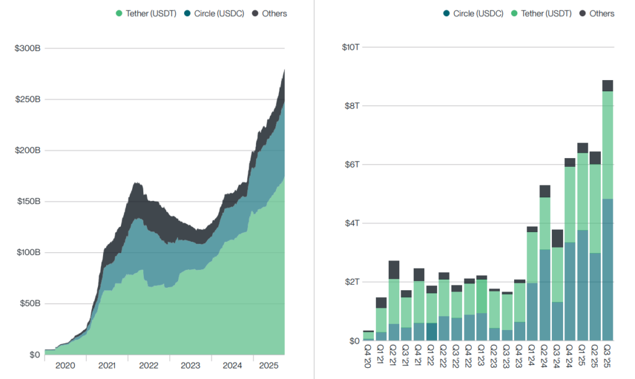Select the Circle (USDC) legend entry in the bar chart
point(473,14)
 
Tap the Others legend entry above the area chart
point(270,14)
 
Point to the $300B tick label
point(27,48)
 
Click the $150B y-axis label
point(27,202)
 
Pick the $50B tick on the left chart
point(30,304)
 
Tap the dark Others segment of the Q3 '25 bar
point(608,86)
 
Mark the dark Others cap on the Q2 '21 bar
point(394,270)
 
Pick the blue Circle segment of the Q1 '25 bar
point(582,285)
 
